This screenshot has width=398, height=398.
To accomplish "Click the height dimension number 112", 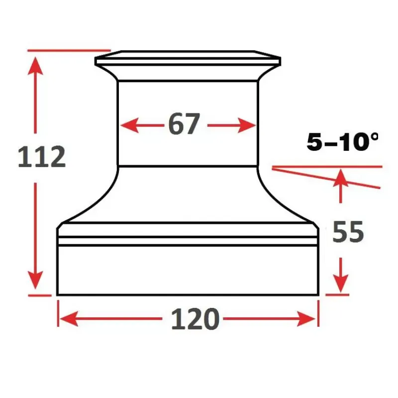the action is coord(42,157).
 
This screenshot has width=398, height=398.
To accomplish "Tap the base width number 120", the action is coord(195,319).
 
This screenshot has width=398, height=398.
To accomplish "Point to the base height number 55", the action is coord(348,232).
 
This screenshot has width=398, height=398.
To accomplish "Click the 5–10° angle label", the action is coord(342,142).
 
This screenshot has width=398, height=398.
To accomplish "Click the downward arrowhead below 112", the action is coord(35,280).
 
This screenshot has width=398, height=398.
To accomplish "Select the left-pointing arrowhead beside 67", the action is coord(130,125).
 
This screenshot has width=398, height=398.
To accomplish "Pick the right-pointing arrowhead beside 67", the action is coord(247,125).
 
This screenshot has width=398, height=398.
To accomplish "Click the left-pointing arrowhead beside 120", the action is coord(69,318).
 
